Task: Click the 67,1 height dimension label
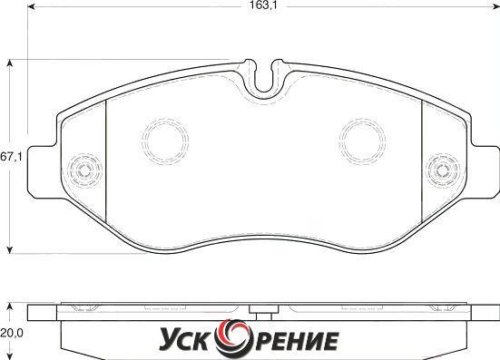(11, 157)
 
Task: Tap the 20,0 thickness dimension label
(12, 333)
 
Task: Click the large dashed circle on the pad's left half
(165, 141)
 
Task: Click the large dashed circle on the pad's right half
(363, 141)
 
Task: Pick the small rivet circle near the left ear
(84, 170)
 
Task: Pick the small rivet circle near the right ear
(443, 170)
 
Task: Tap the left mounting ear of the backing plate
(43, 172)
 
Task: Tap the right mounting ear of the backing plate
(485, 172)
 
